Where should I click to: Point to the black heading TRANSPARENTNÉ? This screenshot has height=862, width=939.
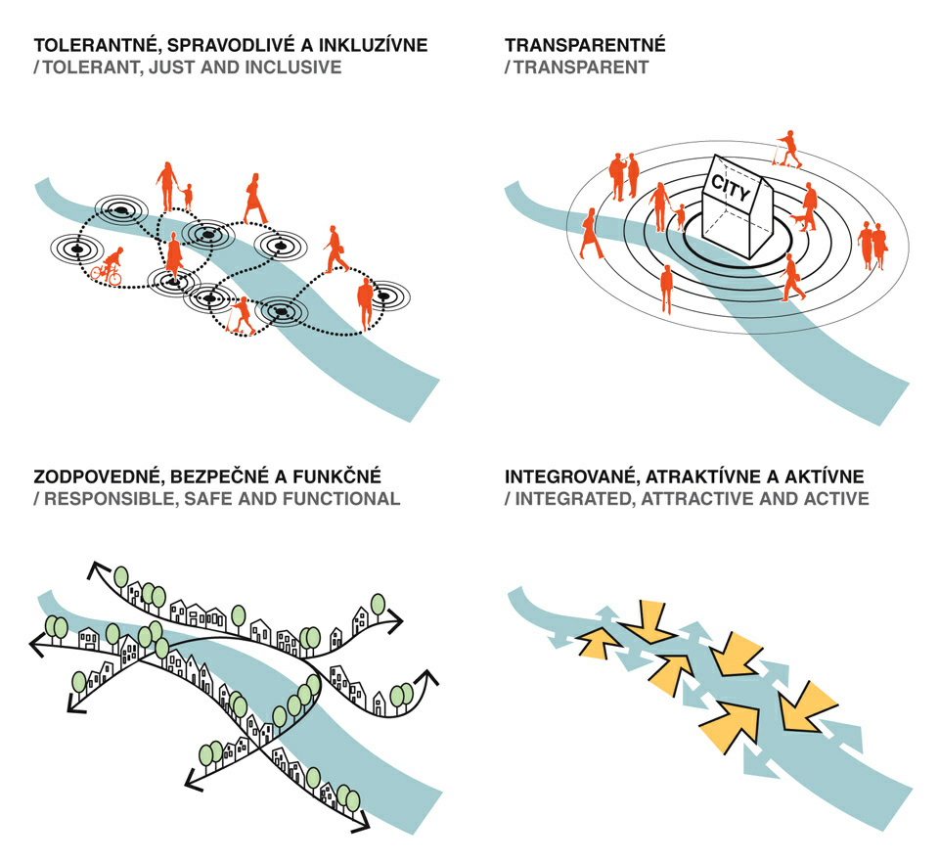point(585,46)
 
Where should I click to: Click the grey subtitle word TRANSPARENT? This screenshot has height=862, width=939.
point(581,68)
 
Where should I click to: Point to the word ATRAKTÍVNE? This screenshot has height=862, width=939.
point(714,476)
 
